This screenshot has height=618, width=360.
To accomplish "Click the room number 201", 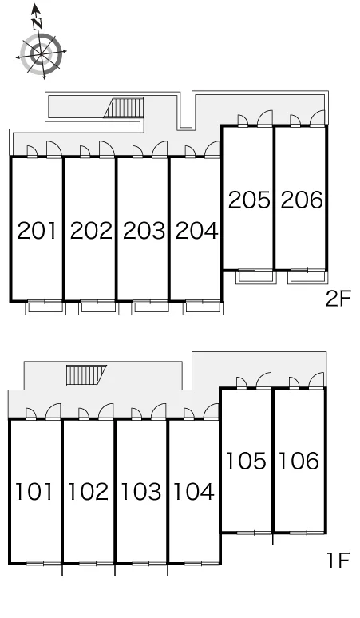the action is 38,231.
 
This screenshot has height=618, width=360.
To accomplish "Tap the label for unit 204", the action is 196,231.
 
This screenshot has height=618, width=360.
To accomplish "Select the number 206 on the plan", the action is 302,200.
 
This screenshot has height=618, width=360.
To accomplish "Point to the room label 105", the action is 246,461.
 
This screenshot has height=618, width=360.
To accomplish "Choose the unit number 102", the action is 89,492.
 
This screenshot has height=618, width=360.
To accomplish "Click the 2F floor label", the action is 338,299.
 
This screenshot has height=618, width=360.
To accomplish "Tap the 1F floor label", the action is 338,561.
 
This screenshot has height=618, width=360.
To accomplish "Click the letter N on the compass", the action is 38,25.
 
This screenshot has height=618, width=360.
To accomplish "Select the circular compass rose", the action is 41,53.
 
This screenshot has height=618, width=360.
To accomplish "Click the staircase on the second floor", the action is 124,108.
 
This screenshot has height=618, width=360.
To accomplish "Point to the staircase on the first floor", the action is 86,375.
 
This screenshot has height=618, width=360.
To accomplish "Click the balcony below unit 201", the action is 45,307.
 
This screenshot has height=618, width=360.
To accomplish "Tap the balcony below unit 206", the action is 307,277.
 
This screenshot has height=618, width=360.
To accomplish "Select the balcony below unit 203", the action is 152,307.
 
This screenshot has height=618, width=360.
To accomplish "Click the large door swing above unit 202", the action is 106,149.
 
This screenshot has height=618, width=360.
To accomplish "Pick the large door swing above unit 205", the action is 265,118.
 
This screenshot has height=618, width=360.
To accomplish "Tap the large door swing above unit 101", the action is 53,411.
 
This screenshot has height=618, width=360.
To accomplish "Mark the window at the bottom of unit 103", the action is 141,564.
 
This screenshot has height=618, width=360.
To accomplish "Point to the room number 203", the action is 144,231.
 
